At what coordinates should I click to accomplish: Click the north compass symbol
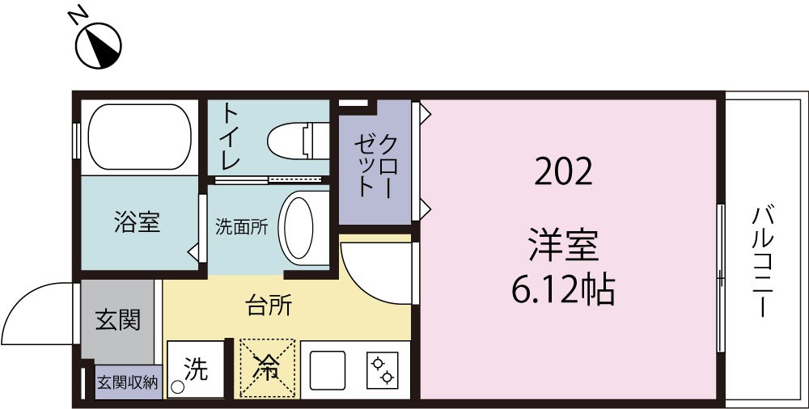[99, 44]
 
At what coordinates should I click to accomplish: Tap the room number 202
[563, 171]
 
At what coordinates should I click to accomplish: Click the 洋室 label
[563, 245]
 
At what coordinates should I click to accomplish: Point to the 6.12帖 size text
[563, 288]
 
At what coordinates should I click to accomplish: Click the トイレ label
[230, 136]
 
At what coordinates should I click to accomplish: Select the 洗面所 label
[241, 227]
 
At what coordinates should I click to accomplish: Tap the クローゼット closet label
[375, 166]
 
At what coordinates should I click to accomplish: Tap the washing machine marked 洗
[195, 370]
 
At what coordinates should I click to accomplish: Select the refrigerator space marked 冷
[267, 369]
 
